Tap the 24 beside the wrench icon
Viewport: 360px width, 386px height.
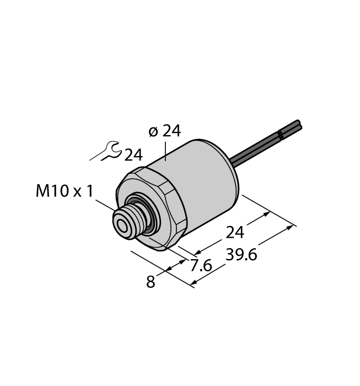133,156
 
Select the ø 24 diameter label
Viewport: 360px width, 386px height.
164,131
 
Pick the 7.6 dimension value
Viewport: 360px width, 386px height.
201,266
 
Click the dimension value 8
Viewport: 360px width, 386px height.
150,282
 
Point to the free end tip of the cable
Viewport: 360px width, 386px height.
298,125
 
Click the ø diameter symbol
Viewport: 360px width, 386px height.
154,131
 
